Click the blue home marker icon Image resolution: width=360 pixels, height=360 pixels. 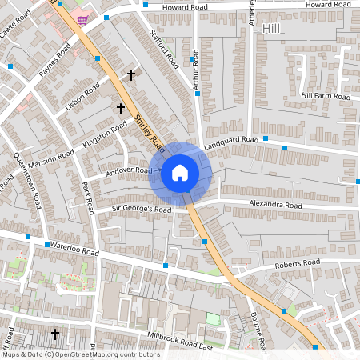tap(180, 171)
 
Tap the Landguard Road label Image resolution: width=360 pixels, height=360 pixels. tap(230, 141)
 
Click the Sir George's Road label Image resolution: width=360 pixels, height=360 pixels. tap(142, 210)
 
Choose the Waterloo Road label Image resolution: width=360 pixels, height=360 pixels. tap(73, 250)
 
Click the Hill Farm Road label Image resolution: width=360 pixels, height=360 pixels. tap(326, 96)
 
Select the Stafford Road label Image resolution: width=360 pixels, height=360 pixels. tap(162, 49)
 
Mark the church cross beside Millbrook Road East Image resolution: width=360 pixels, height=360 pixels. tap(55, 334)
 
